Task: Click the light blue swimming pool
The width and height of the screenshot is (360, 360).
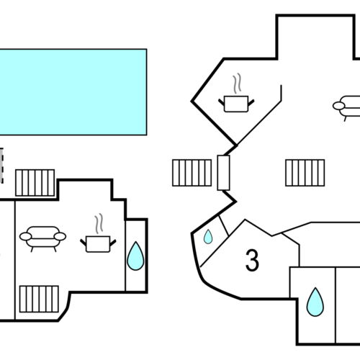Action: tap(72, 91)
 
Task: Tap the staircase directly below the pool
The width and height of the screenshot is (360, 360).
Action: tap(35, 182)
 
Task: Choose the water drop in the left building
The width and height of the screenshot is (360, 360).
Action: tap(135, 256)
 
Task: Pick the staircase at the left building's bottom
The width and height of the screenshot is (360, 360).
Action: tap(39, 297)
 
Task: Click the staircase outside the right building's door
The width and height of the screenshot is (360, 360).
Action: tap(191, 173)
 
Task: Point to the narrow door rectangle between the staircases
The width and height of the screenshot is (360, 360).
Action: tap(222, 173)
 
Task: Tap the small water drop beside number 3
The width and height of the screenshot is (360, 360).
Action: tap(207, 235)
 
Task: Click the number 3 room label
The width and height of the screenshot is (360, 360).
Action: tap(252, 260)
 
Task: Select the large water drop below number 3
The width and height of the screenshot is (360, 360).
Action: tap(314, 302)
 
